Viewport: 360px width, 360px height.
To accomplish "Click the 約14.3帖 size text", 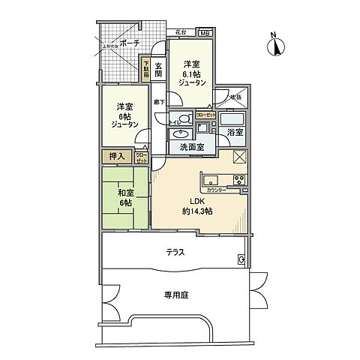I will [x=196, y=211].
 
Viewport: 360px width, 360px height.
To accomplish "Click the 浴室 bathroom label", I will [x=235, y=133].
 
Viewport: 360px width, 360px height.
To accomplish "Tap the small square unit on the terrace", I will [x=241, y=259].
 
